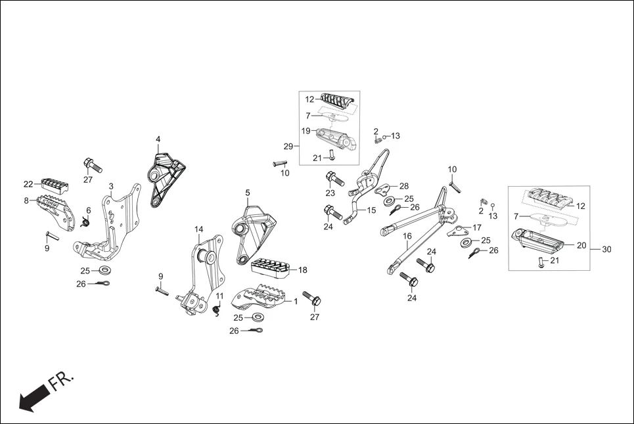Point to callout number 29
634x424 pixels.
(288, 145)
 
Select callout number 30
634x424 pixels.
(606, 249)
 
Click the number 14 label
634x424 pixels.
(198, 229)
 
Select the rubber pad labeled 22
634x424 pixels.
(55, 183)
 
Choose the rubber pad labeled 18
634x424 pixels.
(270, 267)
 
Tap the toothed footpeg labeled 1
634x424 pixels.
(260, 299)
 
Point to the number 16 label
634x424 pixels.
(407, 236)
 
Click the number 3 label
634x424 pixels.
(111, 187)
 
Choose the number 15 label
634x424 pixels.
(371, 210)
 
